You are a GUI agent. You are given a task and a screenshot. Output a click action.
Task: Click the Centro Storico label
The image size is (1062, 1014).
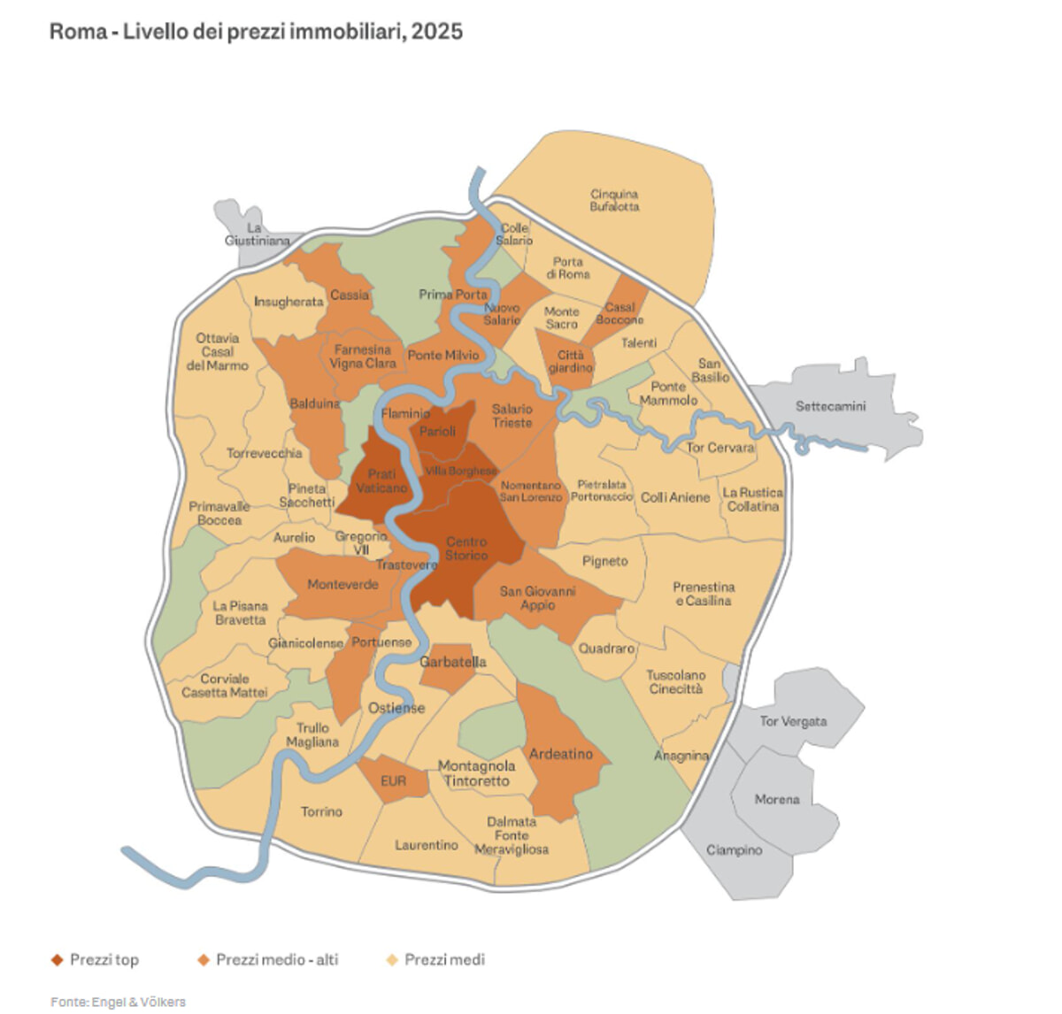click(466, 549)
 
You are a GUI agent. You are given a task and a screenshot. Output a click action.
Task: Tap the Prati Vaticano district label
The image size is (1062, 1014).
click(381, 481)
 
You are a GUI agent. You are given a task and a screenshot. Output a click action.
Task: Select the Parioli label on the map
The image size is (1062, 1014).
click(437, 431)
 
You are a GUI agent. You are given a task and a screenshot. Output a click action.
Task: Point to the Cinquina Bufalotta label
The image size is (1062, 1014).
click(614, 200)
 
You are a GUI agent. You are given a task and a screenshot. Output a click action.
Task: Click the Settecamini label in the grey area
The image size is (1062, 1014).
click(830, 406)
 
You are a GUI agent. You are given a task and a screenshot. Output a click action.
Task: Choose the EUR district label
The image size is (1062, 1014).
click(393, 781)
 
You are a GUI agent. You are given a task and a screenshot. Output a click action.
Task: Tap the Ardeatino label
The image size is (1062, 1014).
click(560, 754)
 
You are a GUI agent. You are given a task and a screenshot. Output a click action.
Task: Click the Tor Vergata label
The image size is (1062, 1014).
click(793, 721)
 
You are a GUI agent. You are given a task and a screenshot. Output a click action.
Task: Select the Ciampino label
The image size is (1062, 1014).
click(734, 849)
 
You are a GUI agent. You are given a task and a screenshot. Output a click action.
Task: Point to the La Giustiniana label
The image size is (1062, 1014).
click(257, 234)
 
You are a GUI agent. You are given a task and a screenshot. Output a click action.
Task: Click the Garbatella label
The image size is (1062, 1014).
click(452, 662)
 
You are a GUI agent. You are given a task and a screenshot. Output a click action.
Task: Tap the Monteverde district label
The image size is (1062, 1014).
click(342, 584)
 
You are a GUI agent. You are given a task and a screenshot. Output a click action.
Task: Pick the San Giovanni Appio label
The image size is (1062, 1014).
click(537, 598)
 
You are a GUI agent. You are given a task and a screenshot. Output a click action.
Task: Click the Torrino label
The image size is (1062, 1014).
click(321, 811)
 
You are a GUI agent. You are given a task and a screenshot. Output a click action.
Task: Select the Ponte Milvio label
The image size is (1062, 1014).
click(442, 355)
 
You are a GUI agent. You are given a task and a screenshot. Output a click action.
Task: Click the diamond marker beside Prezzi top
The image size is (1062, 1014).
click(58, 960)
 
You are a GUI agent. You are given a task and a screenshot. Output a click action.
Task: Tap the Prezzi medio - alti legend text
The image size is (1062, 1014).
click(277, 959)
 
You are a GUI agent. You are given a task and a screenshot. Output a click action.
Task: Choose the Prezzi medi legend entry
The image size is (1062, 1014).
click(444, 959)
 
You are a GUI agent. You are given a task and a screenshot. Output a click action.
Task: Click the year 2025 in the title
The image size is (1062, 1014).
click(436, 32)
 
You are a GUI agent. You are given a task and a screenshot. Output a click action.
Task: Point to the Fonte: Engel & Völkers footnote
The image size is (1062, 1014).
click(118, 1002)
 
